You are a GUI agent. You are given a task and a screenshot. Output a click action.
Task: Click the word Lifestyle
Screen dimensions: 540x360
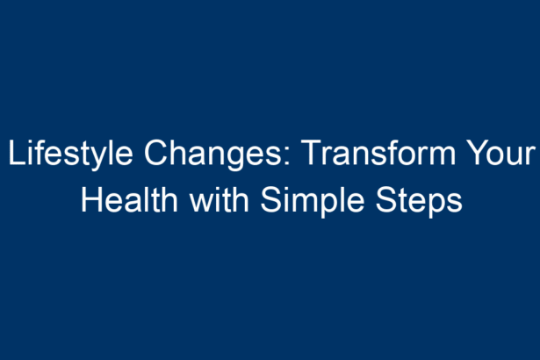pyautogui.click(x=70, y=154)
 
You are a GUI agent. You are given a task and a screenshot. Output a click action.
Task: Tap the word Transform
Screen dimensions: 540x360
pyautogui.click(x=380, y=152)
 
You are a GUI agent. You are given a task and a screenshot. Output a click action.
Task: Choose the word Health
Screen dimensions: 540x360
pyautogui.click(x=129, y=199)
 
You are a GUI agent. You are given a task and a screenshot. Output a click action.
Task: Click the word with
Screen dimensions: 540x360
pyautogui.click(x=220, y=199)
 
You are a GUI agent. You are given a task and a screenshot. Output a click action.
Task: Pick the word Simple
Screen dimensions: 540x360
pyautogui.click(x=313, y=202)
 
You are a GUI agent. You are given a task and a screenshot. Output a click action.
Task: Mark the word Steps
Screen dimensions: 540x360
pyautogui.click(x=419, y=202)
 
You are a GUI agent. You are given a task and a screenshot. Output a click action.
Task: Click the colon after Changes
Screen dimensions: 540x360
pyautogui.click(x=287, y=155)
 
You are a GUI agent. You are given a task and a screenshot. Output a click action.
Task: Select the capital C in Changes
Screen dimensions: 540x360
pyautogui.click(x=156, y=152)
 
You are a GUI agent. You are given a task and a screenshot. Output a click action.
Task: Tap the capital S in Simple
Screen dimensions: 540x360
pyautogui.click(x=271, y=199)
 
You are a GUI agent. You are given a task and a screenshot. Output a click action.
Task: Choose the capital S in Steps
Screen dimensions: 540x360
pyautogui.click(x=386, y=199)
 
